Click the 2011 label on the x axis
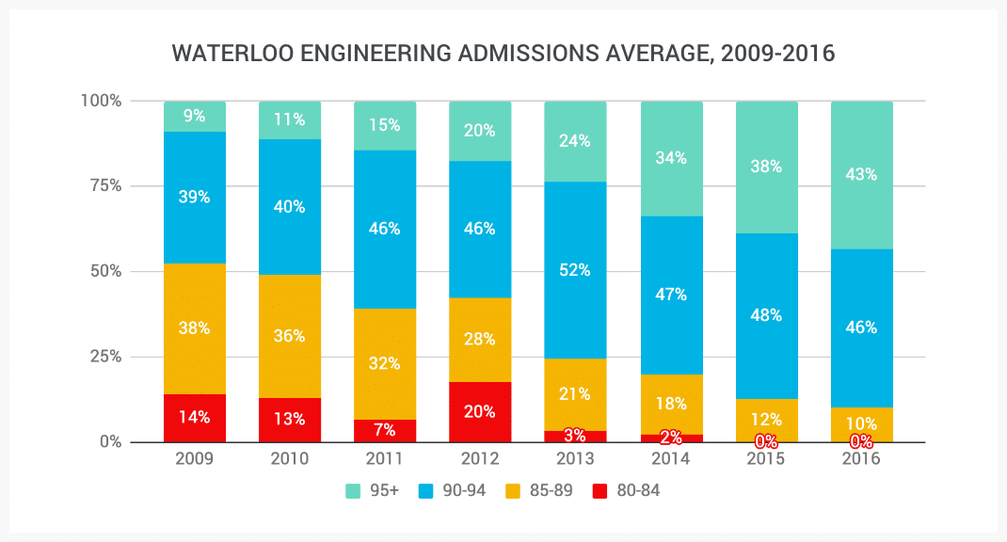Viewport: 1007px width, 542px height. click(385, 459)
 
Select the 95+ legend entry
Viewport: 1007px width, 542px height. click(374, 490)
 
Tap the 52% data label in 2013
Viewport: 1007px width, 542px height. click(575, 270)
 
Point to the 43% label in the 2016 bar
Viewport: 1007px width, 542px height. click(861, 174)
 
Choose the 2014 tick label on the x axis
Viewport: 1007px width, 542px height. click(671, 459)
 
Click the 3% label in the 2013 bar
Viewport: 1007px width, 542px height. click(575, 436)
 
